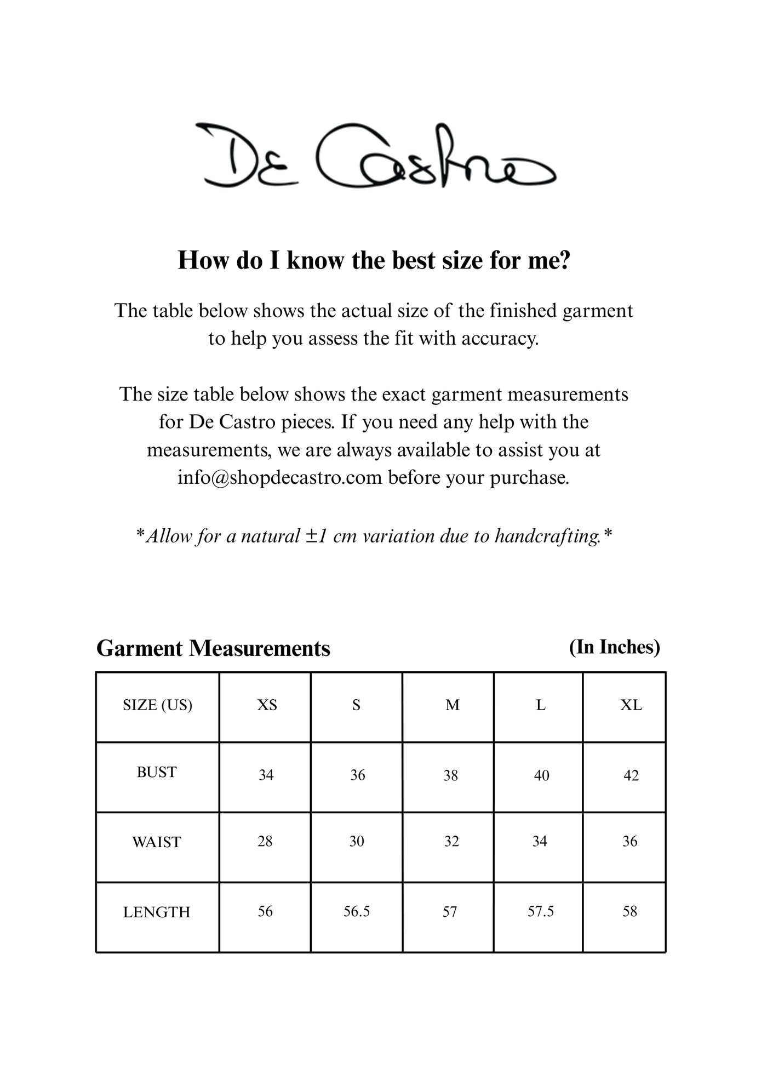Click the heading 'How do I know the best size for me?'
374,260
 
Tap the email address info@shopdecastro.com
279,477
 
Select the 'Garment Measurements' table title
213,648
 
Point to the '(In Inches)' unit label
614,647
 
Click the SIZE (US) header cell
157,705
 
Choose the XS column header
267,705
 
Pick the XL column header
631,705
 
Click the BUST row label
157,772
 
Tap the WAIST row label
157,842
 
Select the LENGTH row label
157,912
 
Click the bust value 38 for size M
450,775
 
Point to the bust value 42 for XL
631,775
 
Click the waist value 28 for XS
265,841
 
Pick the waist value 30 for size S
357,841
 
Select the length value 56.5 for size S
357,911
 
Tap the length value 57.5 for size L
541,911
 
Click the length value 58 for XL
629,911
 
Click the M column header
453,705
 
